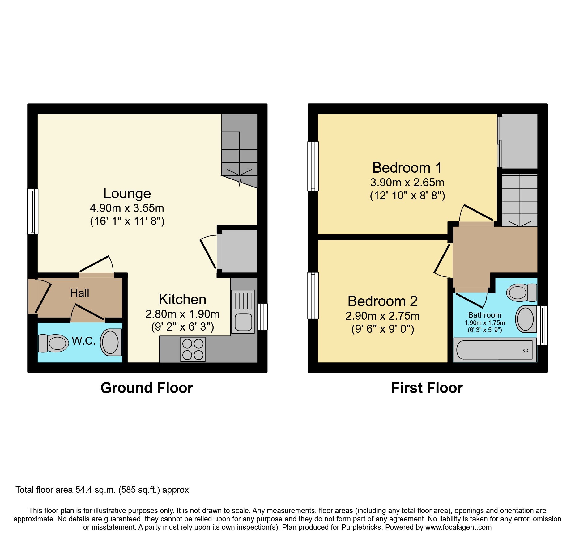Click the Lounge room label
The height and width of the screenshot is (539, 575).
(x=127, y=193)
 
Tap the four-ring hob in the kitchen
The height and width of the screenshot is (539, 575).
(x=193, y=349)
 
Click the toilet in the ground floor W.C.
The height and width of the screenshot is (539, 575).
(x=53, y=343)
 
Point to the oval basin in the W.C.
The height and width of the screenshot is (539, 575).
(x=110, y=342)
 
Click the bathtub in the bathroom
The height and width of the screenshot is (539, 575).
(x=495, y=350)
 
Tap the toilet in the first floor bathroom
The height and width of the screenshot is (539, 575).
(x=522, y=293)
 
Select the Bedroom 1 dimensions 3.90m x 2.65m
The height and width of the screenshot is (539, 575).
(x=407, y=183)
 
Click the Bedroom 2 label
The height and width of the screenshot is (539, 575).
(x=382, y=301)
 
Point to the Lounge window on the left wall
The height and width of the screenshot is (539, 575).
(x=33, y=211)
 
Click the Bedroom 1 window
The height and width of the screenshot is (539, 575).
(x=313, y=166)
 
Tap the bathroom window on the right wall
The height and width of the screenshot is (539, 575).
(x=543, y=325)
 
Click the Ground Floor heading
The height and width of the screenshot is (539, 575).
(x=147, y=388)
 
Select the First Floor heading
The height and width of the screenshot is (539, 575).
(x=427, y=388)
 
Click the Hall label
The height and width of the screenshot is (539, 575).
(x=79, y=293)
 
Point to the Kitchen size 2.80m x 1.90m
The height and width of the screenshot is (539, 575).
(x=182, y=314)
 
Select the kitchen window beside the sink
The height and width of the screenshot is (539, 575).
(x=262, y=317)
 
